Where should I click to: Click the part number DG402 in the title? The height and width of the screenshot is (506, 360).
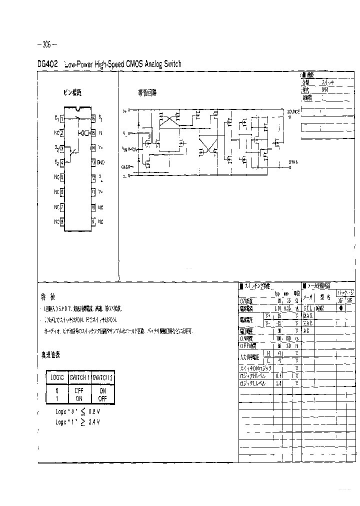[x=48, y=64]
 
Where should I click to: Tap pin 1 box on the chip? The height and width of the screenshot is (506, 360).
[x=62, y=119]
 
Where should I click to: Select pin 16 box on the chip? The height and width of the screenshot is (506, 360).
[x=93, y=118]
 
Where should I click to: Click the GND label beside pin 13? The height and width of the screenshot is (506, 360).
[x=100, y=162]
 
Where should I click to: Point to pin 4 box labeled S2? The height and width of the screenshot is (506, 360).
[x=62, y=162]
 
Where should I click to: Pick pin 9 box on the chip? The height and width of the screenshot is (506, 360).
[x=93, y=221]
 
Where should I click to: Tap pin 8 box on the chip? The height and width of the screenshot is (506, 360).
[x=62, y=221]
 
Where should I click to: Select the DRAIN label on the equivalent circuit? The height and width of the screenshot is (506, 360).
[x=293, y=161]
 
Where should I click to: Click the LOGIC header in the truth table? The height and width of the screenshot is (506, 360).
[x=56, y=377]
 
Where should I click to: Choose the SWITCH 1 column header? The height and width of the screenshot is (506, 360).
[x=79, y=377]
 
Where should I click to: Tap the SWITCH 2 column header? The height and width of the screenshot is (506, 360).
[x=102, y=377]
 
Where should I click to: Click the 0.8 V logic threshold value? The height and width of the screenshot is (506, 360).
[x=94, y=411]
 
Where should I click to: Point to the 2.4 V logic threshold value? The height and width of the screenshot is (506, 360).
[x=94, y=422]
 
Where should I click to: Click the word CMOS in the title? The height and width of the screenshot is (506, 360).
[x=131, y=64]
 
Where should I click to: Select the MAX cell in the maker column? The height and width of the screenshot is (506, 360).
[x=307, y=316]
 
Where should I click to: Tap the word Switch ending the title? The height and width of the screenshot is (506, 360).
[x=171, y=64]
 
